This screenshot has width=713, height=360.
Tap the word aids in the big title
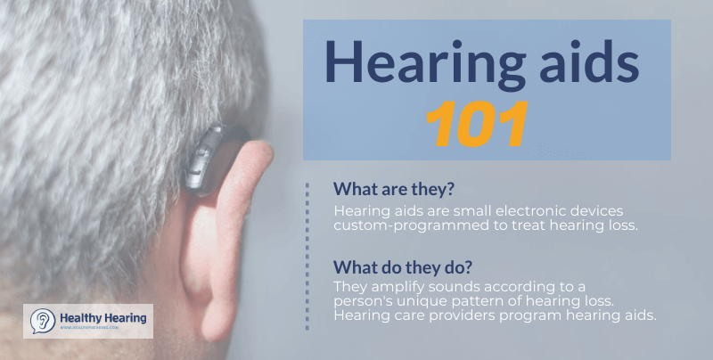[x=581, y=64]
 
